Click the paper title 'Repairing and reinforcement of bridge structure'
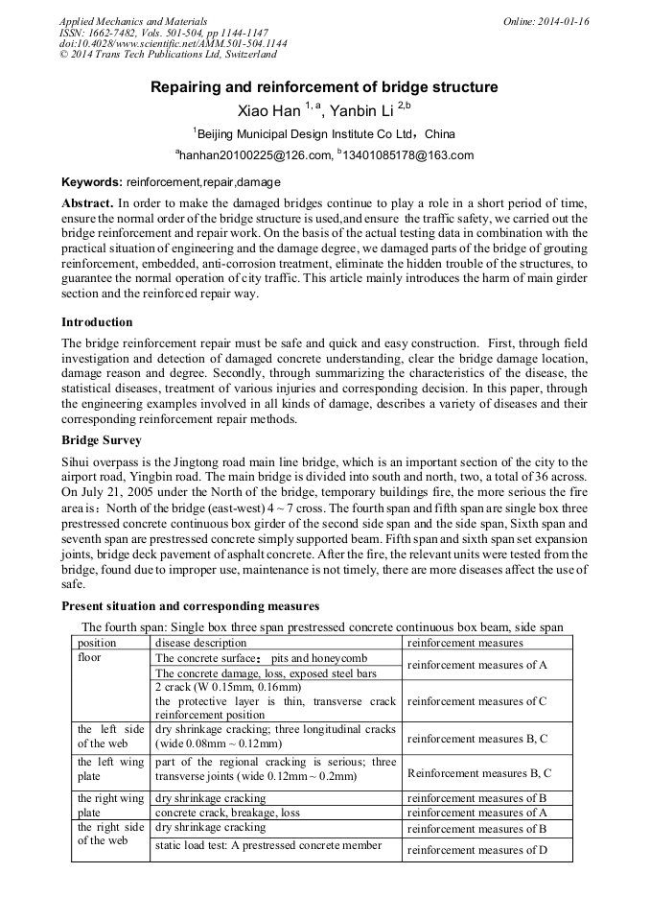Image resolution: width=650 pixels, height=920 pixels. [324, 87]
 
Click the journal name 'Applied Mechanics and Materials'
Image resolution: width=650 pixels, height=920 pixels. [132, 21]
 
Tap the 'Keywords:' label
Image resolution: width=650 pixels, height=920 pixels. [92, 181]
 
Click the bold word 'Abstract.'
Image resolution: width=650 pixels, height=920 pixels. [87, 204]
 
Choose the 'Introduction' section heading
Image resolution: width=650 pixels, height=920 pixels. [97, 321]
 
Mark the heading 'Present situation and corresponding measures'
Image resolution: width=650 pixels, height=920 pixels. [190, 606]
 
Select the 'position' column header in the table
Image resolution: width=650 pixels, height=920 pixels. [97, 642]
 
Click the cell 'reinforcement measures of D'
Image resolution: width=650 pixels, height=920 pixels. [476, 850]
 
